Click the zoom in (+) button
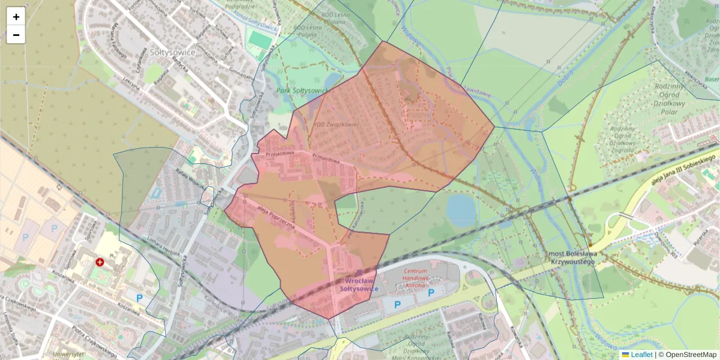click(16, 17)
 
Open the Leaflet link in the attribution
click(641, 355)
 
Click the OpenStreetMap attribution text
click(691, 355)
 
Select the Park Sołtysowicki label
click(302, 91)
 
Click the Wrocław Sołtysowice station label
click(359, 284)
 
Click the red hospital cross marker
click(100, 262)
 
